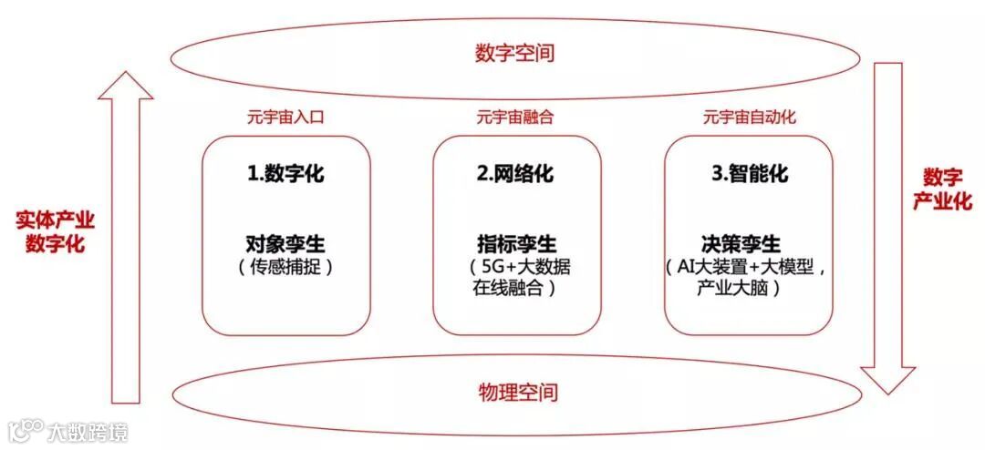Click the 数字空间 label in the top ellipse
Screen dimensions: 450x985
[514, 53]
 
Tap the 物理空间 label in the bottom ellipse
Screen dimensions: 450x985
[517, 393]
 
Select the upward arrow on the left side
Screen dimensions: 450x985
[125, 237]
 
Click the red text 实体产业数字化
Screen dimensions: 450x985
[55, 232]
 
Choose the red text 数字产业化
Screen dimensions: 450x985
[942, 189]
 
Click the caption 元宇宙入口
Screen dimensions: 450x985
[285, 118]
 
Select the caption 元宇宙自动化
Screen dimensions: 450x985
[749, 118]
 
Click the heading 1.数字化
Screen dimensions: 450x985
[285, 174]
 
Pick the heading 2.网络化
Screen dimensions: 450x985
[516, 174]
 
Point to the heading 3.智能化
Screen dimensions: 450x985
[748, 174]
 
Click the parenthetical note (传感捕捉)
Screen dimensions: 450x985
[285, 268]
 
